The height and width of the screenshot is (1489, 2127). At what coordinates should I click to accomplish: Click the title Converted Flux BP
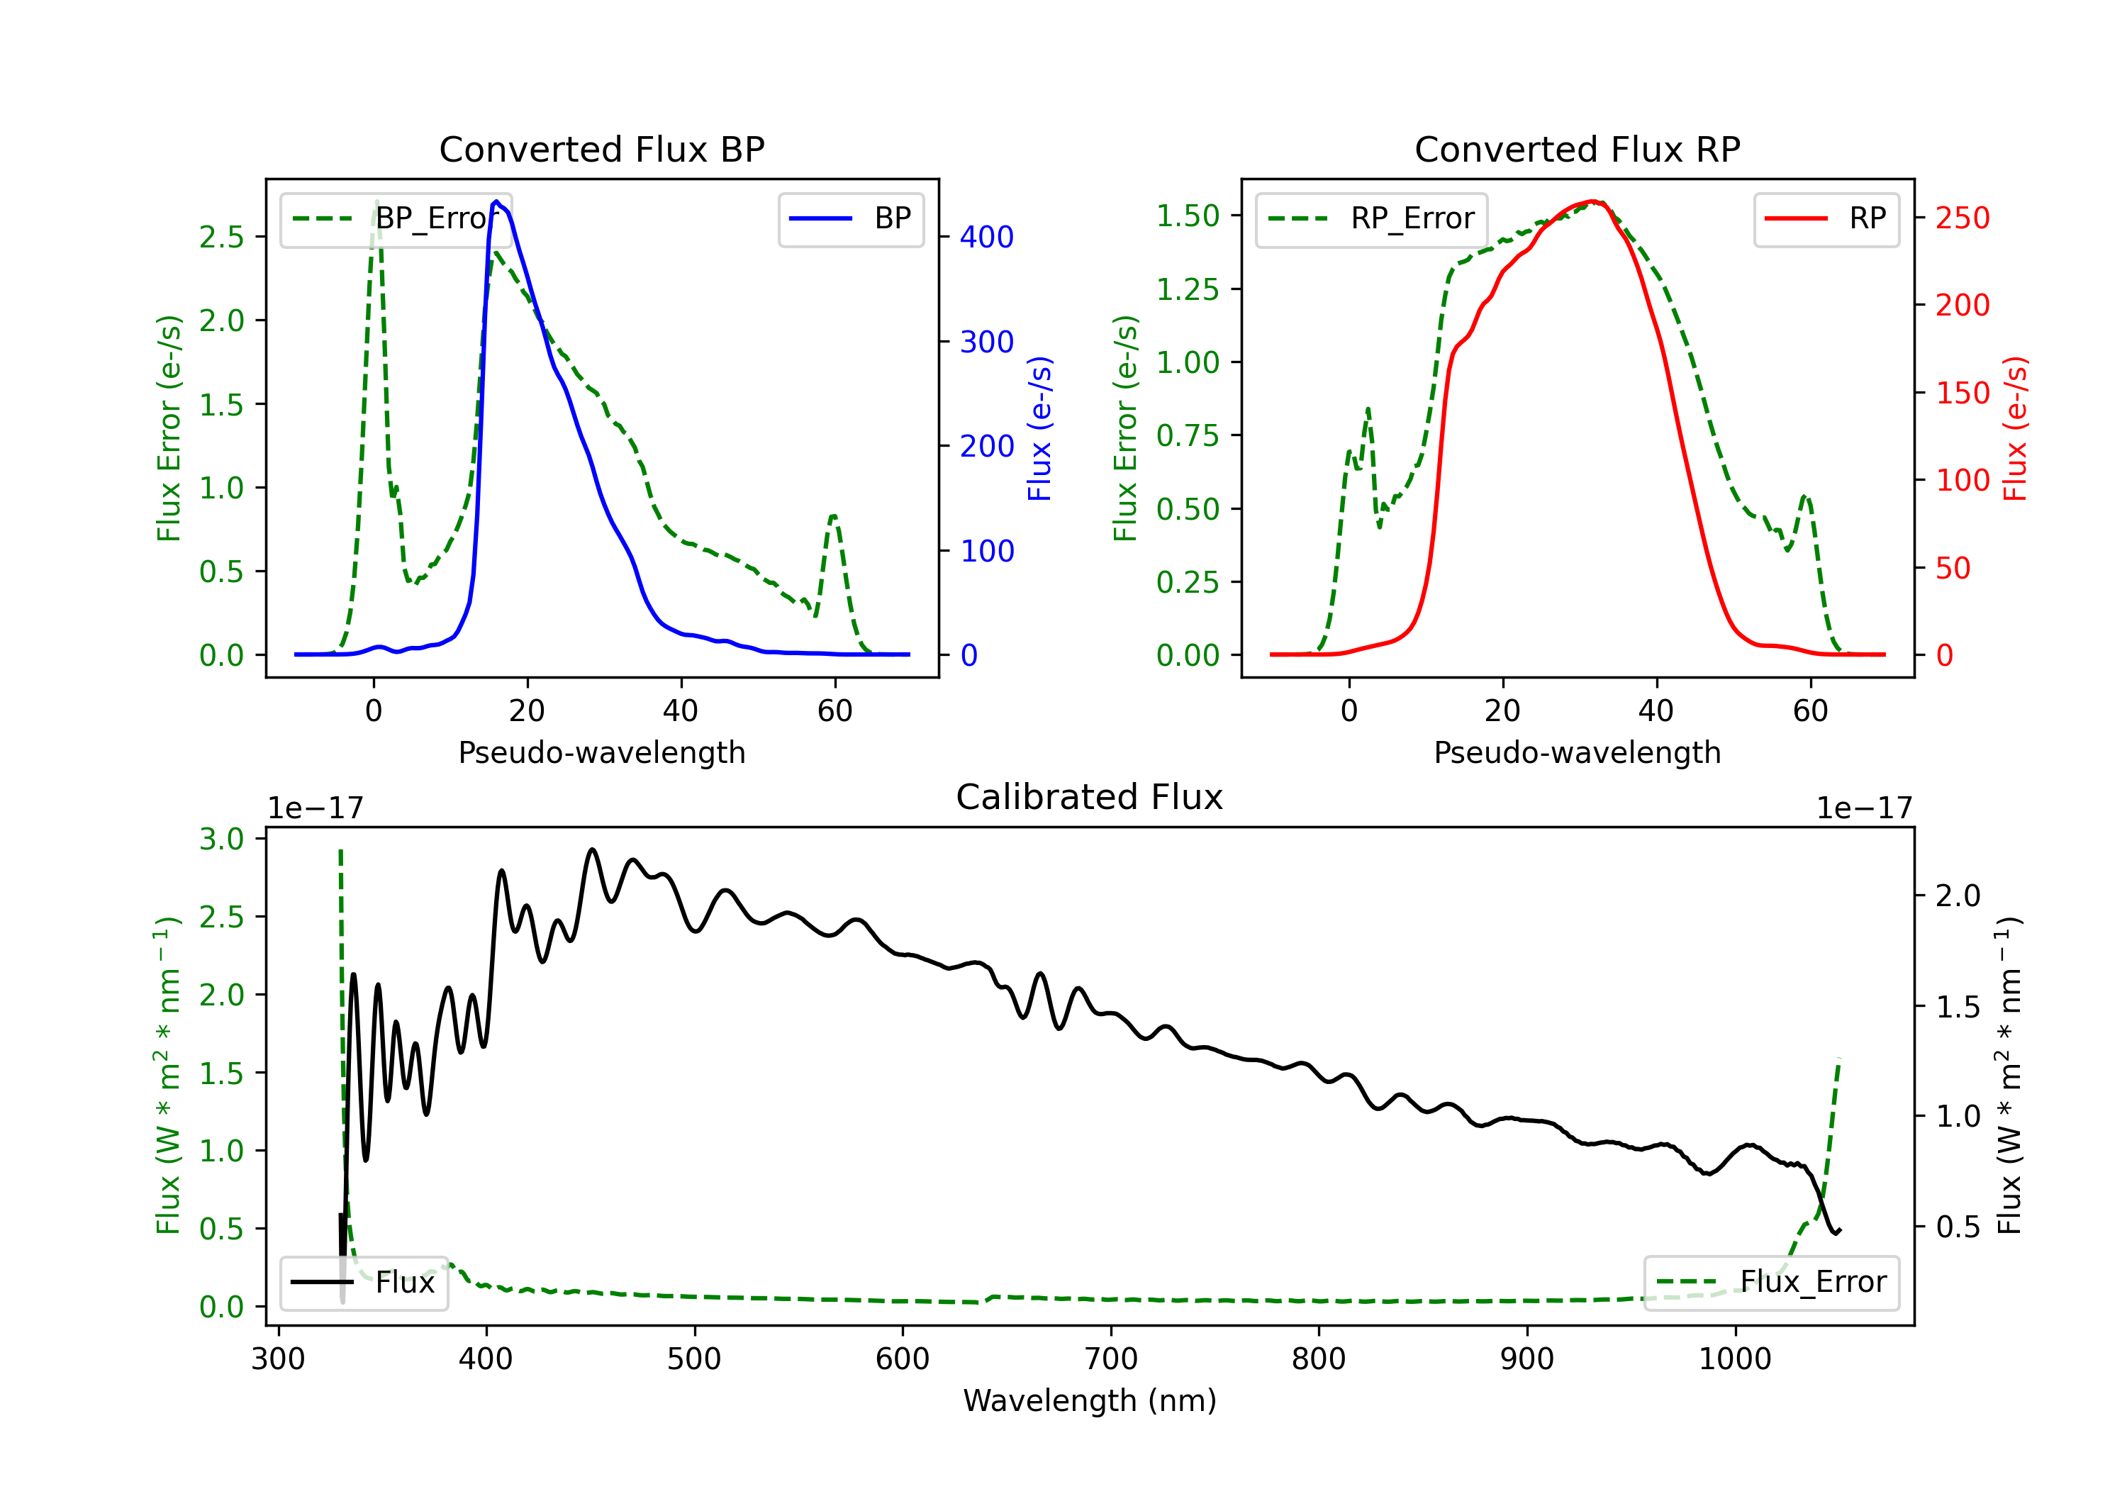point(601,149)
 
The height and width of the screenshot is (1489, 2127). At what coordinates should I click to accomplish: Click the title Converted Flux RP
point(1577,149)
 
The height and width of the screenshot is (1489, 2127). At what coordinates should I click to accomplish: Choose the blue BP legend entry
point(850,218)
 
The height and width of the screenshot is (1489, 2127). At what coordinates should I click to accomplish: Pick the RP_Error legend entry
point(1371,218)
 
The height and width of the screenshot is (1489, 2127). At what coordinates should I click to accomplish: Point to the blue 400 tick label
point(987,238)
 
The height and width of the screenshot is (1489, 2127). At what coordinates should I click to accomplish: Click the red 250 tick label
point(1962,218)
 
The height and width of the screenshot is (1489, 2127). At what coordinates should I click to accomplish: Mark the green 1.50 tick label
point(1188,216)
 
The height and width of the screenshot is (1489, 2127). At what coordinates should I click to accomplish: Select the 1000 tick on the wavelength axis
point(1734,1359)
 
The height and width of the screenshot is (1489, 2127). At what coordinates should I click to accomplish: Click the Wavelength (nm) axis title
point(1090,1400)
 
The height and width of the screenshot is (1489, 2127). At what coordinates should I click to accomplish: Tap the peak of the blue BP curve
point(496,201)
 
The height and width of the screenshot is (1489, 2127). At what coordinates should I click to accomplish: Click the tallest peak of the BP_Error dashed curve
point(376,201)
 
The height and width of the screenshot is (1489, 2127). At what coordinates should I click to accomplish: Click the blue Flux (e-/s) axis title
point(1039,428)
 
